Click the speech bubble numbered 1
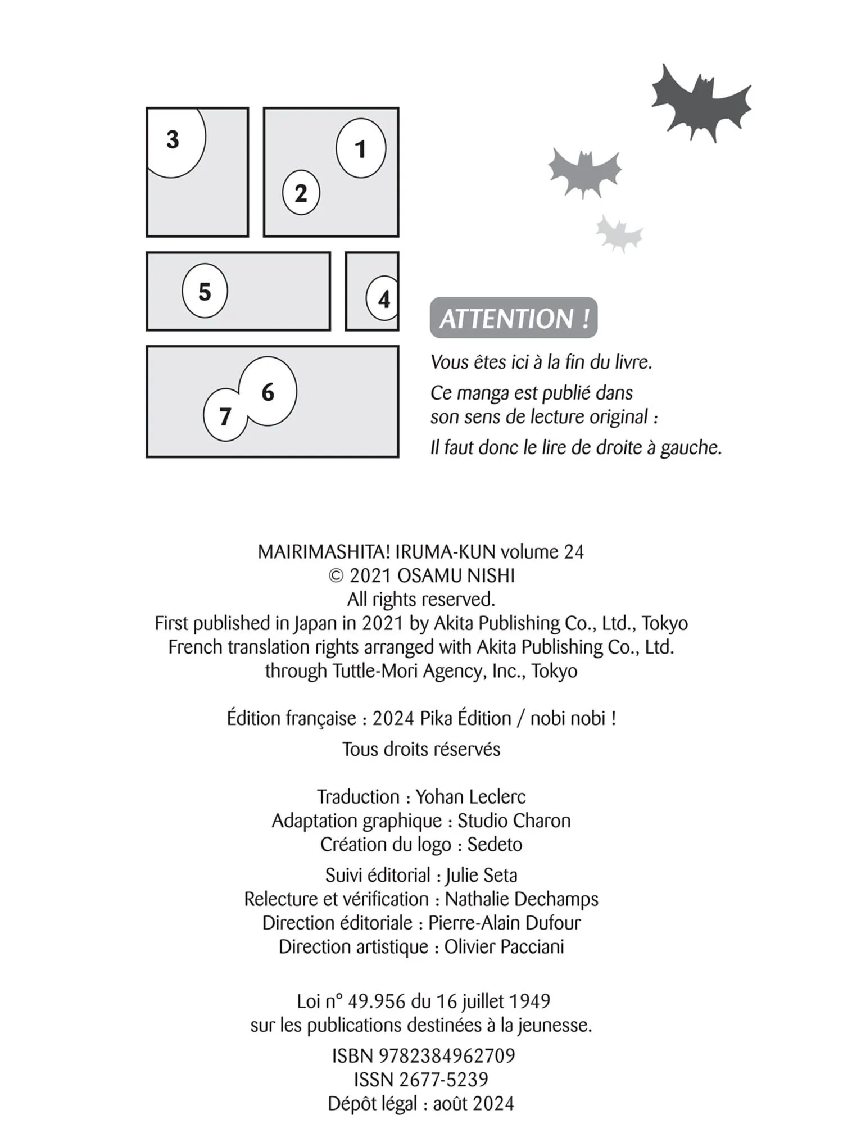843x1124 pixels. [361, 148]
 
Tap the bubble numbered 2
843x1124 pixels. [301, 193]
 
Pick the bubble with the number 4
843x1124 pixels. [383, 298]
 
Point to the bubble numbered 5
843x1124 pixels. [205, 291]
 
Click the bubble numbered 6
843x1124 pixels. [268, 391]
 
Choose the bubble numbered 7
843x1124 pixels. [225, 416]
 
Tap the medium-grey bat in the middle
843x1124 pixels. [585, 171]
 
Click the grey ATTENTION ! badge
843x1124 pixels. [514, 318]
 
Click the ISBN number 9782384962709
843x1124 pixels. [447, 1055]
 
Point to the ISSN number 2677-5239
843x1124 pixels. [443, 1079]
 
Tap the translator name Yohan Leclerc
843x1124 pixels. [470, 796]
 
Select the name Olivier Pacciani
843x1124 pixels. [504, 946]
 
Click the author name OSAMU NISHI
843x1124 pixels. [456, 575]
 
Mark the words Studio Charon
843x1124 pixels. [514, 821]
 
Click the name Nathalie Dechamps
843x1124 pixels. [522, 899]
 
